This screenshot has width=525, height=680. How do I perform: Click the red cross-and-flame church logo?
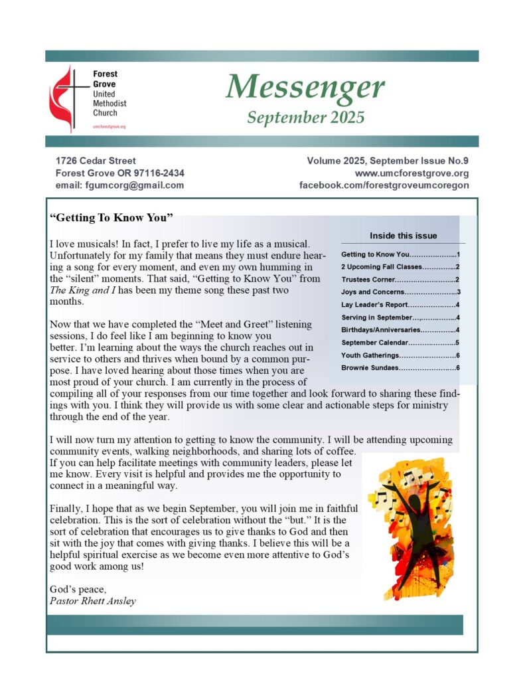[68, 97]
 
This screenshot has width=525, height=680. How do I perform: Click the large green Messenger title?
[305, 87]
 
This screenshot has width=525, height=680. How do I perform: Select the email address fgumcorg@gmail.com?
[120, 185]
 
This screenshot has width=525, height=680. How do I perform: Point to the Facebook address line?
[384, 185]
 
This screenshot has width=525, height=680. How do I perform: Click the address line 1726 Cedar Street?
[96, 161]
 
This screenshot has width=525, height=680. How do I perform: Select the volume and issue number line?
[388, 161]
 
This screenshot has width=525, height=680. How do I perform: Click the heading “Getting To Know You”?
[112, 218]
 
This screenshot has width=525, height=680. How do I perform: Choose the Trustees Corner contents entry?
[401, 280]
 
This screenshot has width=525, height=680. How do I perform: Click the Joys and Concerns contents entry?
[401, 292]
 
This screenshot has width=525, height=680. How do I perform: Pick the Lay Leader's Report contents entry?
[401, 305]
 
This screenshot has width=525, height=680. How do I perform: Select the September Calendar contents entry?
[401, 343]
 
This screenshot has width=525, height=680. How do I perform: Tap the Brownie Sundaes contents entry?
[401, 367]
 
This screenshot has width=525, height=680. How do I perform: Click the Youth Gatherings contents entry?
[401, 355]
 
